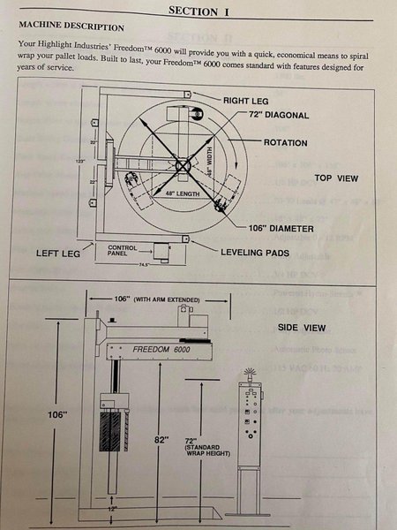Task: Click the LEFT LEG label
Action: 58,254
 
